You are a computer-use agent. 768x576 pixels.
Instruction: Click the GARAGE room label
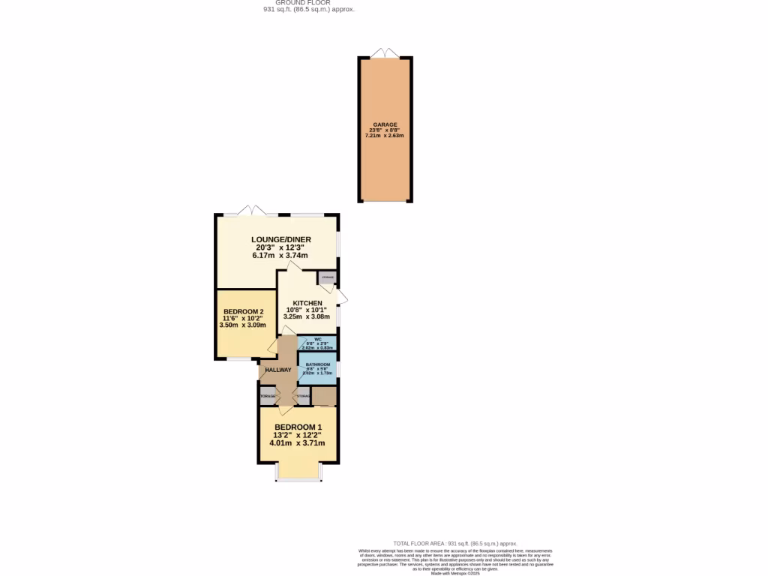click(x=385, y=124)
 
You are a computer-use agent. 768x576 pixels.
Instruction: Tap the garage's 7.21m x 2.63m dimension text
click(x=385, y=136)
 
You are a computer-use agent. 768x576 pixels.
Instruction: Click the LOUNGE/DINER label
click(x=280, y=240)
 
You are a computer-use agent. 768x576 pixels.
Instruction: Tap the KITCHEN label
click(x=307, y=303)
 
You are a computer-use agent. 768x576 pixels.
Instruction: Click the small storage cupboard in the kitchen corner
click(x=327, y=278)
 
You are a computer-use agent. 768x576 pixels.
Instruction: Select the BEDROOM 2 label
click(x=244, y=312)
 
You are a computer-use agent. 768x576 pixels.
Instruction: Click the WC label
click(x=317, y=340)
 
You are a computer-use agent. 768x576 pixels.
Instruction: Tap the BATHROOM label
click(x=317, y=364)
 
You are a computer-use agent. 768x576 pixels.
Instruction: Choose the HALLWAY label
click(x=277, y=370)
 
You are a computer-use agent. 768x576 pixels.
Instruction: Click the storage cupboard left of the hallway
click(x=268, y=395)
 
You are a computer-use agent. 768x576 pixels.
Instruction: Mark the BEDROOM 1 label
click(x=298, y=427)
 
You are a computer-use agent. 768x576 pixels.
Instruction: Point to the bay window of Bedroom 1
click(x=298, y=472)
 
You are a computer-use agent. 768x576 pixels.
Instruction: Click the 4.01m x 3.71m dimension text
click(x=298, y=443)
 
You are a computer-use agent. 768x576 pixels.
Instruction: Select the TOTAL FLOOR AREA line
click(x=455, y=543)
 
